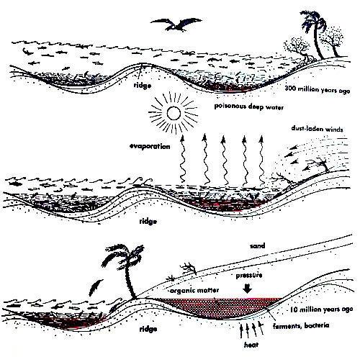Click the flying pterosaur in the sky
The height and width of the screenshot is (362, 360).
coord(176,24)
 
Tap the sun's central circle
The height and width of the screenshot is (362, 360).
coord(174,113)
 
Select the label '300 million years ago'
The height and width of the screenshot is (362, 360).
coord(318,89)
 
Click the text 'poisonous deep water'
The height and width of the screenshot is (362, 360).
coord(248,107)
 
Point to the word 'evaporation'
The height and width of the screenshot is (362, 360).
coord(150,146)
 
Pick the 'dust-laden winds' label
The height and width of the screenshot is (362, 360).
coord(317,129)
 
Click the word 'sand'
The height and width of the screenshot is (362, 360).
coord(257,246)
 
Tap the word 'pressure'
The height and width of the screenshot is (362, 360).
coord(249,275)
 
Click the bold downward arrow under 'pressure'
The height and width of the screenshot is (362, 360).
coord(247,289)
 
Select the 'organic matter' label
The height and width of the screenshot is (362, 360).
coord(194,291)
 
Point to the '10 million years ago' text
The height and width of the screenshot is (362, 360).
coord(321,309)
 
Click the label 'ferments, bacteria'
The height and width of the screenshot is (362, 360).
coord(301,325)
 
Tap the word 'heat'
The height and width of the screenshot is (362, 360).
coord(251,345)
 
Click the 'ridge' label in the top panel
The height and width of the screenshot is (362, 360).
coord(143,86)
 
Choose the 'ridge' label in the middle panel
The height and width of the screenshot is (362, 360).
coord(148,221)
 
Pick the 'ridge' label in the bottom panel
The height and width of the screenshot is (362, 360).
coord(148,329)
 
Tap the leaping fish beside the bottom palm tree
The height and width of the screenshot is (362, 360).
coord(95,287)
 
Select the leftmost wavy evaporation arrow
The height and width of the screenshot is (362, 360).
coord(183,158)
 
